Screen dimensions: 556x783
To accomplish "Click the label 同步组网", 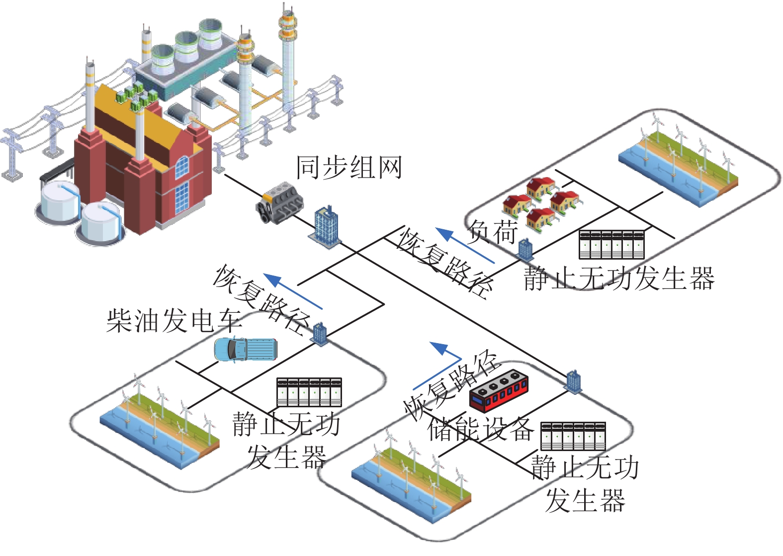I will [x=348, y=168].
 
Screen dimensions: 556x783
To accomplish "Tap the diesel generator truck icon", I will [x=245, y=349].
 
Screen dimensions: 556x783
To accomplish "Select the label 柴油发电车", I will [x=174, y=320].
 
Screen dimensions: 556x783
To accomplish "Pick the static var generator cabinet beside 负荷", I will [x=611, y=244].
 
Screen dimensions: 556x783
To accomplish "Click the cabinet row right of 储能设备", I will [x=573, y=436].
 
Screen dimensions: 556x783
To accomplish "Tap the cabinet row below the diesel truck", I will [x=309, y=392].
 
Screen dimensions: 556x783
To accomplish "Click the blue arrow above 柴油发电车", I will [x=293, y=291].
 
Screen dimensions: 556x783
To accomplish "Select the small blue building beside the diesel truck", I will [x=320, y=334].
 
